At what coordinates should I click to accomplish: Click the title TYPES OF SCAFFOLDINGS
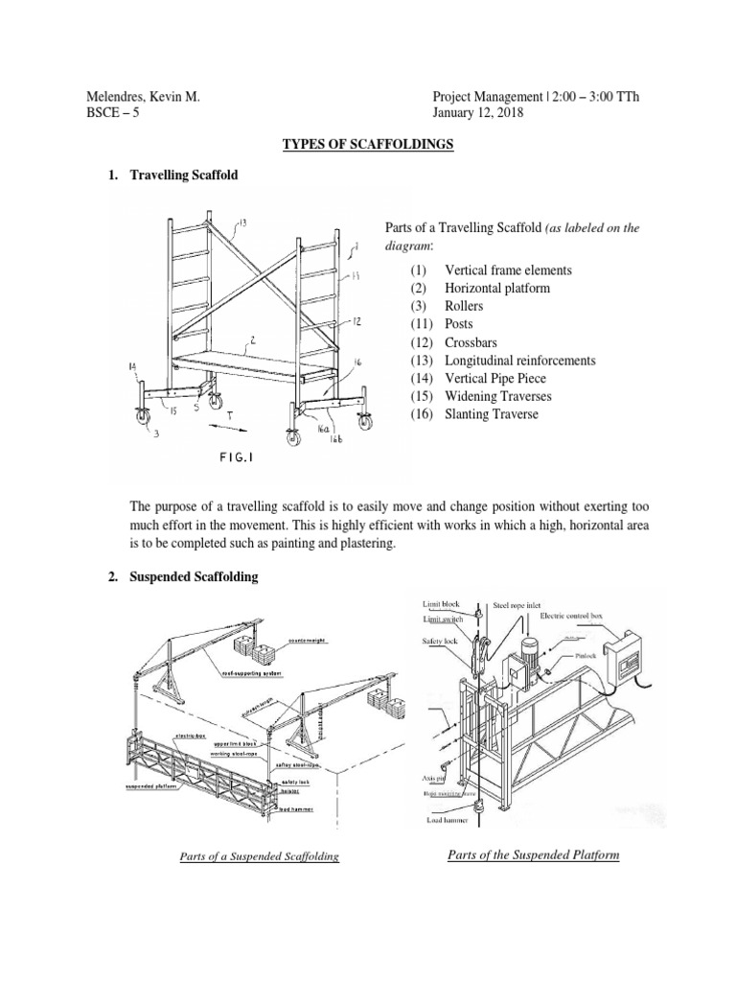pos(367,145)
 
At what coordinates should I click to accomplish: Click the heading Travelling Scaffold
pos(183,175)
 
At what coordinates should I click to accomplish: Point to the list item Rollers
pos(464,306)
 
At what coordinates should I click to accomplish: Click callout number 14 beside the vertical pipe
pos(132,366)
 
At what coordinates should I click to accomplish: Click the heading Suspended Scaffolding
pos(194,576)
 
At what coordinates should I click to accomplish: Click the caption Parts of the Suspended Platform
pos(533,854)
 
